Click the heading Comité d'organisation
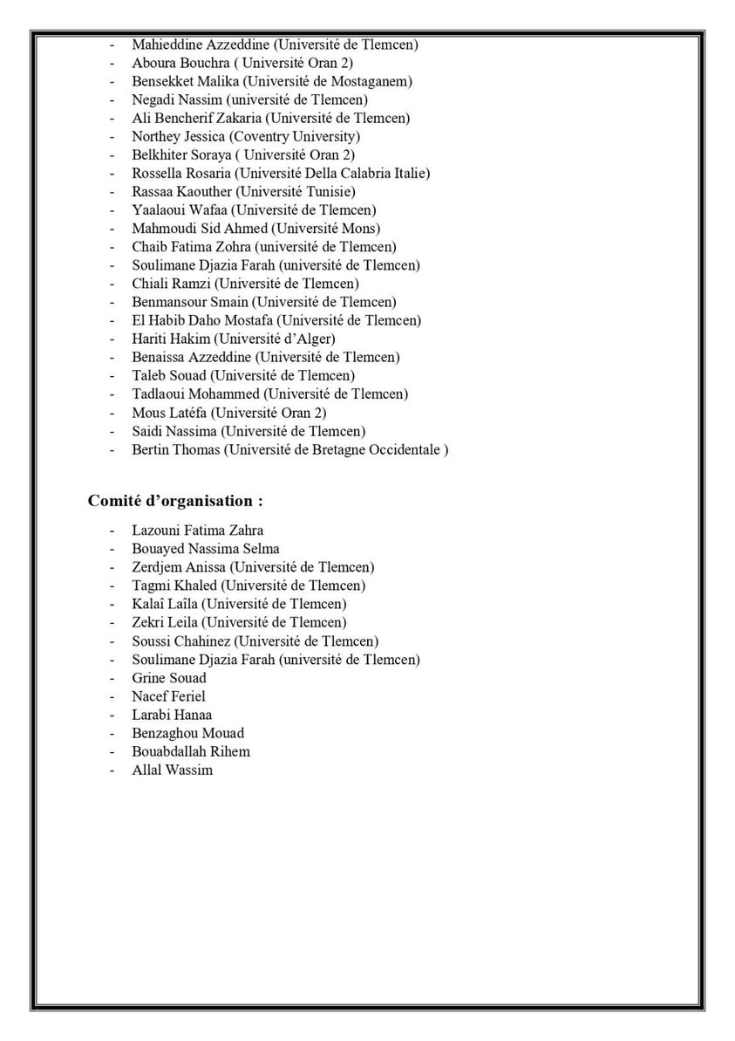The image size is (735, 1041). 175,502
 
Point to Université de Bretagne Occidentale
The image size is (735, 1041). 337,449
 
